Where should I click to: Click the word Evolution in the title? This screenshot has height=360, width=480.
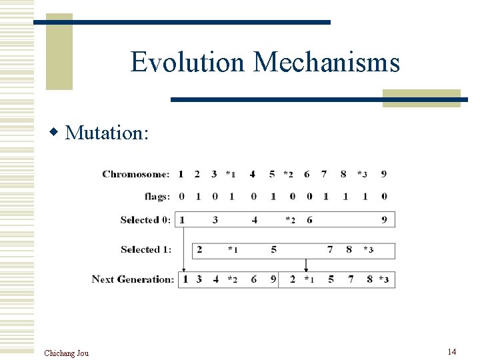(188, 62)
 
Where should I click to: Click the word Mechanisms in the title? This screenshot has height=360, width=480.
(327, 62)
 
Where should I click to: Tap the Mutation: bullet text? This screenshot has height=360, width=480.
(107, 133)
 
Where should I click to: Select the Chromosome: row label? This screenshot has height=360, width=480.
(136, 175)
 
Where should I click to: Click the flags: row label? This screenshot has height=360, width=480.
(157, 197)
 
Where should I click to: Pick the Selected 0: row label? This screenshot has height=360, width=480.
(145, 219)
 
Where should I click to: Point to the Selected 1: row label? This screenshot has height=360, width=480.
(145, 249)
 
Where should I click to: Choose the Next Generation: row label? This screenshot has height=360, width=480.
(133, 279)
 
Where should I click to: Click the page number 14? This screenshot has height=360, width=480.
(451, 351)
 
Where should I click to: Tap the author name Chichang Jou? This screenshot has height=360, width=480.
(66, 353)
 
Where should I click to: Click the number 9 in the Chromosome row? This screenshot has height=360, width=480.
(383, 175)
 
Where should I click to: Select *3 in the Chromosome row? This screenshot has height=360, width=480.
(362, 175)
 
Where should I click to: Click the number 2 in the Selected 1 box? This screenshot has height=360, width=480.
(199, 250)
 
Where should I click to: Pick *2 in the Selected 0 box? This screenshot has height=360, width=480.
(290, 220)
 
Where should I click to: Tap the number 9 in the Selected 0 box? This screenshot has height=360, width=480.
(384, 220)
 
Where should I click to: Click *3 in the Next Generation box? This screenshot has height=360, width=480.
(383, 280)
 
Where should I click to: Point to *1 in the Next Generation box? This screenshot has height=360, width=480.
(309, 280)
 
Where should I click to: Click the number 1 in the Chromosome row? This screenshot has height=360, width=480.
(181, 175)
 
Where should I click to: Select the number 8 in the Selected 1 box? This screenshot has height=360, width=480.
(349, 250)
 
